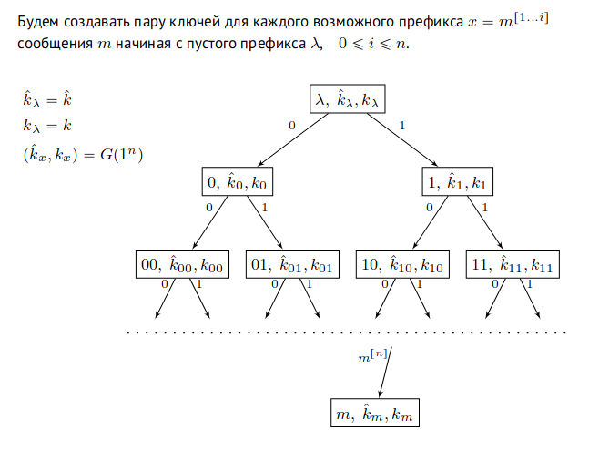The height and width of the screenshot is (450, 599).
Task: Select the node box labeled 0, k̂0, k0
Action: click(x=237, y=183)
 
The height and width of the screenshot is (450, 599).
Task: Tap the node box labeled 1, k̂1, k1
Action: click(x=458, y=183)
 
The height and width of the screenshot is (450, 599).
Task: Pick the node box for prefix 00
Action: click(x=181, y=266)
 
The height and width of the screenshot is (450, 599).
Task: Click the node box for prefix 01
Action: click(x=291, y=266)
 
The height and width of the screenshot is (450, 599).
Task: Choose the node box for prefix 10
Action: click(x=402, y=266)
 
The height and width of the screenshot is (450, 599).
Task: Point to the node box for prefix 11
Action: click(x=512, y=266)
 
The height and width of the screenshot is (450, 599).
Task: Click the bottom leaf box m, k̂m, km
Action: click(x=374, y=415)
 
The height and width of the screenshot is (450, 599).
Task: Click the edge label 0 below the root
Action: click(x=290, y=125)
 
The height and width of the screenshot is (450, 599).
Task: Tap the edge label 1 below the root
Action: click(x=402, y=125)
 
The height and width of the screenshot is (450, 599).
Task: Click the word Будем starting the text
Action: click(x=38, y=19)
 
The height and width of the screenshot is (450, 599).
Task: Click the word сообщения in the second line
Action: click(x=51, y=46)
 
